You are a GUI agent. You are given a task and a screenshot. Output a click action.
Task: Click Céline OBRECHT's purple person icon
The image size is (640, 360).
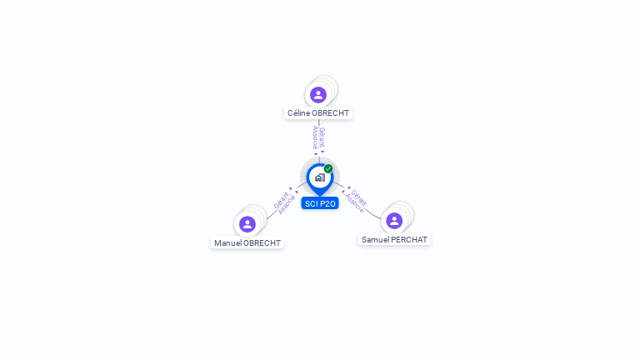pyautogui.click(x=318, y=95)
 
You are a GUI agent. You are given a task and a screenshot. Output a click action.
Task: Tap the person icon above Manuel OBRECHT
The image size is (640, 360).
pyautogui.click(x=247, y=224)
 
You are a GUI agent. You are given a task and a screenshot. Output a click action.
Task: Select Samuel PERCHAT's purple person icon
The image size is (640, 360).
pyautogui.click(x=394, y=221)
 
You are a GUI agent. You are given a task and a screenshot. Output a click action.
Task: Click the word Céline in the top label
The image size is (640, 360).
pyautogui.click(x=299, y=113)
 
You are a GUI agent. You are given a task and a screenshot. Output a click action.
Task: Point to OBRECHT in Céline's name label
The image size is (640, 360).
pyautogui.click(x=330, y=113)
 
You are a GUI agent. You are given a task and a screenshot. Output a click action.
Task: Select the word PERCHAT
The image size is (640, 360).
pyautogui.click(x=409, y=240)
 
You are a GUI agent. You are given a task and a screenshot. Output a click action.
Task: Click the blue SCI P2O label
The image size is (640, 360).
pyautogui.click(x=320, y=203)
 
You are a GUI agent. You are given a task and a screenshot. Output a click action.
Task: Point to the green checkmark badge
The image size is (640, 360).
pyautogui.click(x=328, y=168)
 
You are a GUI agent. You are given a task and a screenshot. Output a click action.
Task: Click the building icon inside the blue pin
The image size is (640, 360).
pyautogui.click(x=320, y=177)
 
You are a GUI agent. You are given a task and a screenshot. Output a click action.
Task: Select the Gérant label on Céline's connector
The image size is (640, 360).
pyautogui.click(x=322, y=137)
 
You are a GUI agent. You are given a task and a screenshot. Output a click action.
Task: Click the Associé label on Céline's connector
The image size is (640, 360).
pyautogui.click(x=315, y=137)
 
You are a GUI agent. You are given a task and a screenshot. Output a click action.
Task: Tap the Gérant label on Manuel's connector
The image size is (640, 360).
pyautogui.click(x=281, y=200)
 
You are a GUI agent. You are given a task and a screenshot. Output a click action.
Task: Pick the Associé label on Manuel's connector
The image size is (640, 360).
pyautogui.click(x=287, y=204)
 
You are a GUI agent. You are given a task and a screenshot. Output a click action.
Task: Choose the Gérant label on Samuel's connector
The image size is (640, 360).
pyautogui.click(x=359, y=197)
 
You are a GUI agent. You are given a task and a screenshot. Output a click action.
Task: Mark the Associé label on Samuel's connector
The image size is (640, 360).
pyautogui.click(x=354, y=202)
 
